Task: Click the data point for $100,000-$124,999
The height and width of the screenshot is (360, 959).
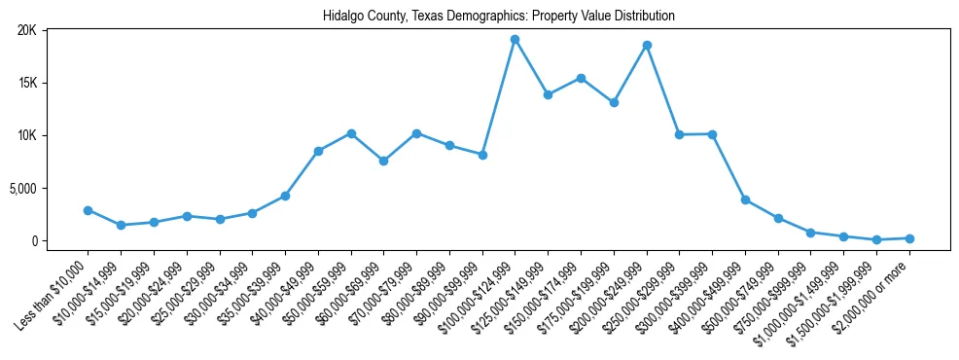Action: (515, 40)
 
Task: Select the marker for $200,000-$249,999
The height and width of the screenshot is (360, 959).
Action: (647, 45)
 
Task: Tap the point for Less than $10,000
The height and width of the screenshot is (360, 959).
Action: (88, 210)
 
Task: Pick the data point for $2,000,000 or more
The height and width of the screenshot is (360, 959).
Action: (909, 238)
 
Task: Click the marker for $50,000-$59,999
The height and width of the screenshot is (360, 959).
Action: (351, 133)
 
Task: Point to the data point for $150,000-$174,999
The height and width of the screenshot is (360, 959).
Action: (581, 78)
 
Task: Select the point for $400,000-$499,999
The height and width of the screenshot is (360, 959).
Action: (745, 199)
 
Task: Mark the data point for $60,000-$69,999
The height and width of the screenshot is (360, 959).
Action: (383, 161)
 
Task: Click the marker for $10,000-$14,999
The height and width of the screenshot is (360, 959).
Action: (121, 225)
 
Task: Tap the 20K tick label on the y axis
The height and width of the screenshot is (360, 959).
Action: (26, 30)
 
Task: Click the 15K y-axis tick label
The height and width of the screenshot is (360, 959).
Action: (26, 83)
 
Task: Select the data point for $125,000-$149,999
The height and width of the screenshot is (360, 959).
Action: (548, 94)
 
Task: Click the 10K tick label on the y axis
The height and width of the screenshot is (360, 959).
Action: (26, 135)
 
